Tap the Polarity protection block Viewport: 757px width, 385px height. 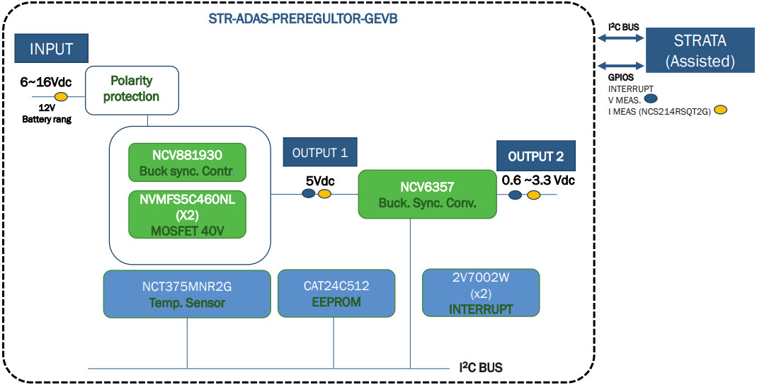tap(131, 90)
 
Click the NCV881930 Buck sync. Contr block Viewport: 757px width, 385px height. tap(186, 162)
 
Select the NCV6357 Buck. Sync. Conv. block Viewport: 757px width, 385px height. tap(427, 193)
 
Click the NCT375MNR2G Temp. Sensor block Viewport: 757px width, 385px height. tap(187, 294)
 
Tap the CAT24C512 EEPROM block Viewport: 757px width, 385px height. tap(336, 293)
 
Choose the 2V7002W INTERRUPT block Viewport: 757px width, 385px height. tap(481, 293)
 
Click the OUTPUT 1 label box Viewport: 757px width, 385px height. tap(319, 153)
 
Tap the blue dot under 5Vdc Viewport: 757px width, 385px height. tap(308, 194)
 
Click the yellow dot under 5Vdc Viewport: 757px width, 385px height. tap(324, 194)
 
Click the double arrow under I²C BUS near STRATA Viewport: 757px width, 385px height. tap(620, 40)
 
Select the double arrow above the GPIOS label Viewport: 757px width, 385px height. tap(620, 62)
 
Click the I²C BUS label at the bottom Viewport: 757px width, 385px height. tap(482, 368)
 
